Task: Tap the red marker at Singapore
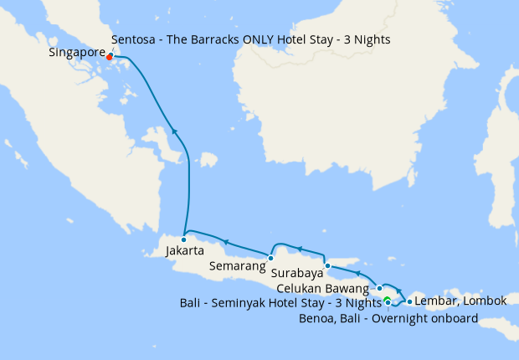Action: [110, 57]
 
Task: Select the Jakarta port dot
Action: [184, 239]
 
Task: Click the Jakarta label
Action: [185, 250]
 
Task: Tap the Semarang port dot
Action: [270, 258]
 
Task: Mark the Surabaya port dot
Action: [327, 265]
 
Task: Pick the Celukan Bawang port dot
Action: [379, 287]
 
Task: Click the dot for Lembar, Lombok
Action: [409, 301]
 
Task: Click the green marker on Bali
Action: [387, 301]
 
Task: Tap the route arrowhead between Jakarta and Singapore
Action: [174, 130]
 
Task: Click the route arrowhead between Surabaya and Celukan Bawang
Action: [357, 273]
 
